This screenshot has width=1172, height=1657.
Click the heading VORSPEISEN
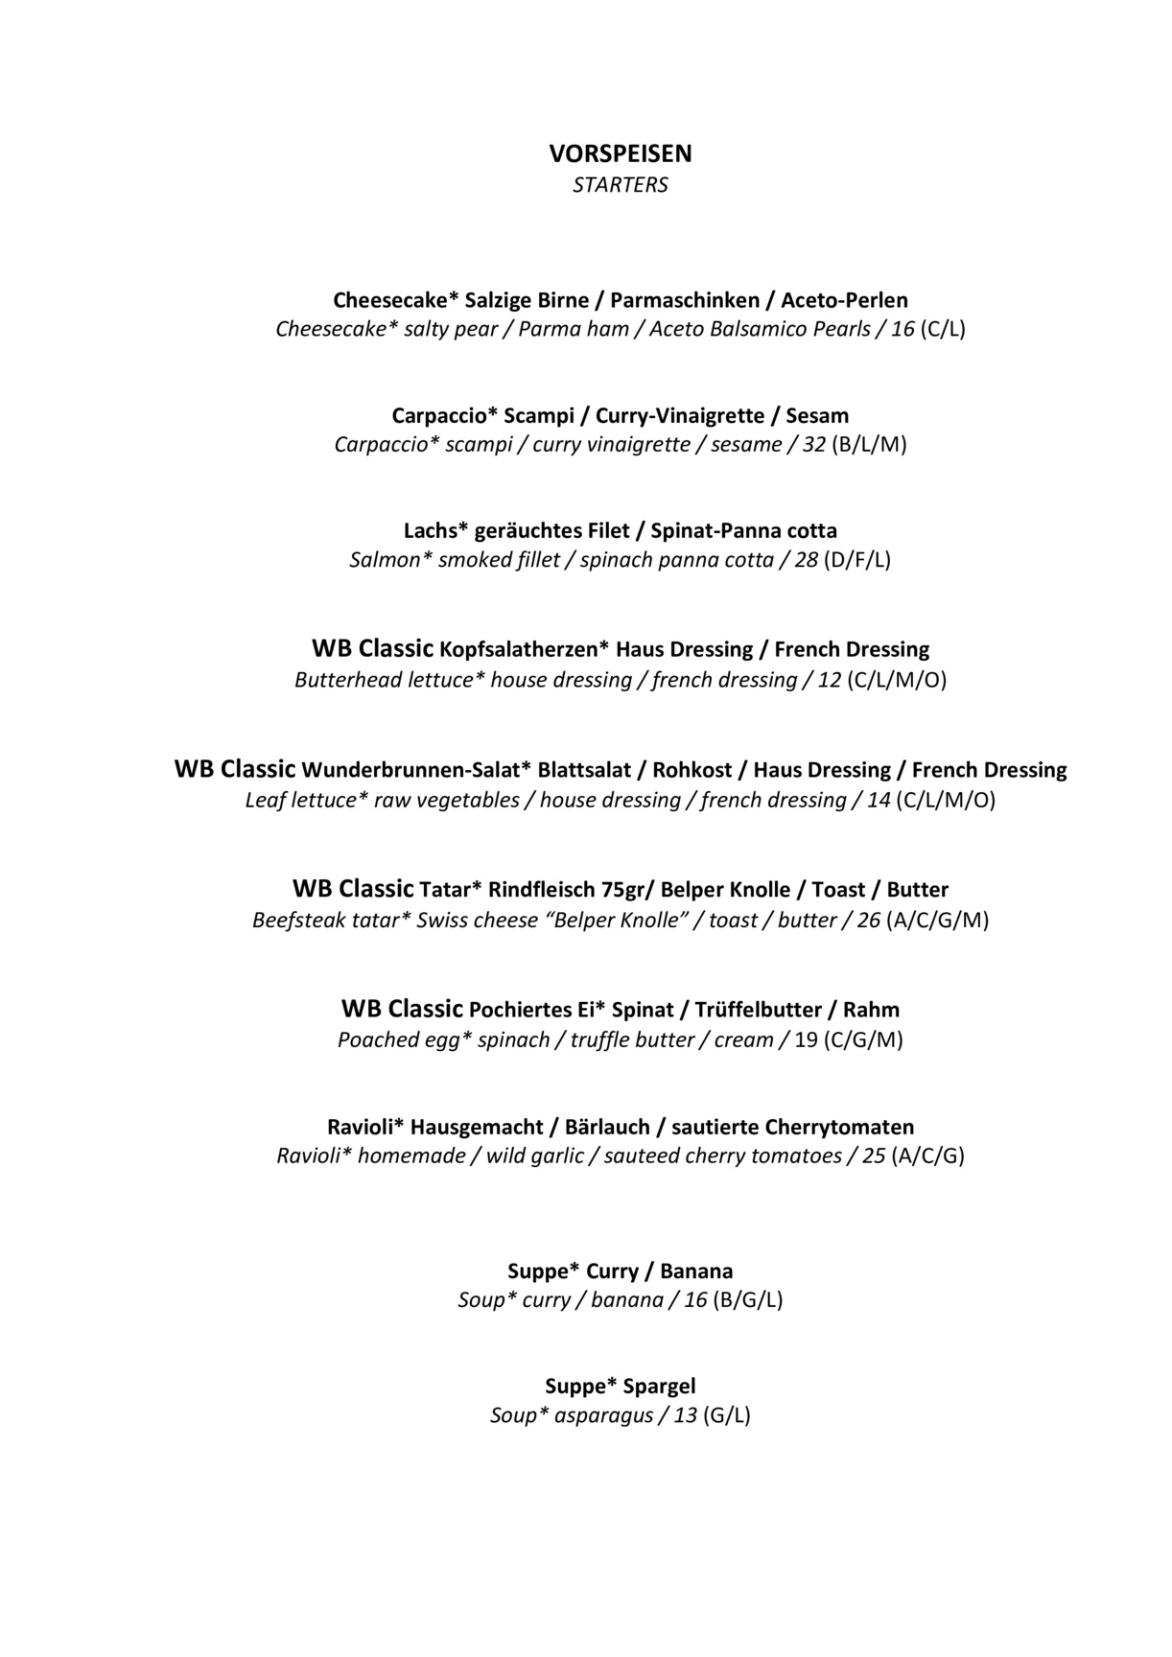(x=620, y=153)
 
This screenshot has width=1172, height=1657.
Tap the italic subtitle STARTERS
(x=620, y=185)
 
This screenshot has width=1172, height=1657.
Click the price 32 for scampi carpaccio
(x=813, y=445)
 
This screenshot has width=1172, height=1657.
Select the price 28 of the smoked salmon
(x=806, y=560)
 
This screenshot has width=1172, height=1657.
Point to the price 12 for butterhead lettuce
(x=829, y=681)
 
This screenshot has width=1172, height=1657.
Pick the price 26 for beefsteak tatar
(x=868, y=921)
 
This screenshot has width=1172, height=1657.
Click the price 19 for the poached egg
(x=806, y=1040)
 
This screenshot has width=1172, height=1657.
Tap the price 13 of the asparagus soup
(x=685, y=1415)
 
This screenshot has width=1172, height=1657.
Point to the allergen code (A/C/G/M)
(x=938, y=921)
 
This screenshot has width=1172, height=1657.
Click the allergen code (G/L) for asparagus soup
(x=726, y=1415)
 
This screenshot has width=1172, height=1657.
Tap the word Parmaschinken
(x=680, y=300)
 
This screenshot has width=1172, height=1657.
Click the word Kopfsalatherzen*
(x=524, y=650)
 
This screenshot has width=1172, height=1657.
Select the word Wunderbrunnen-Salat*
(x=416, y=770)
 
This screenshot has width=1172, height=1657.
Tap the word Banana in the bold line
(x=696, y=1272)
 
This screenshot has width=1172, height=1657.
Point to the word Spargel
(x=659, y=1387)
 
